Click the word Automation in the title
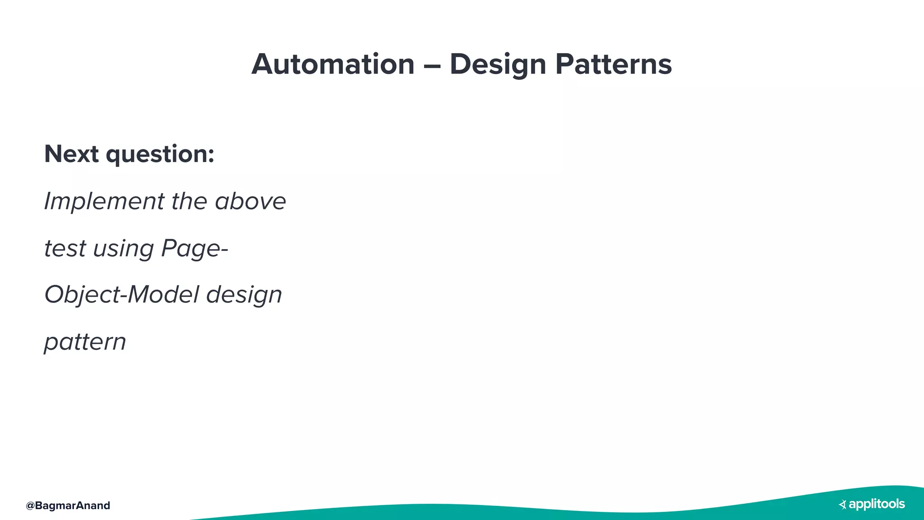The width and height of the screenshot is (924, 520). [333, 64]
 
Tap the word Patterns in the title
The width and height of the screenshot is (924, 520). [613, 64]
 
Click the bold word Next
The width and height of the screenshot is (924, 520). [71, 154]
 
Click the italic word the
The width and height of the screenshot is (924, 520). [189, 201]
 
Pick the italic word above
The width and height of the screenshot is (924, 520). [250, 202]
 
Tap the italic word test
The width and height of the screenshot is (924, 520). [65, 249]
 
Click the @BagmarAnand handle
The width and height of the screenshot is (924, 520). [68, 506]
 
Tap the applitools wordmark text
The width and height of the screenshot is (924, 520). [877, 504]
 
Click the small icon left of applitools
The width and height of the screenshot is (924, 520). [842, 505]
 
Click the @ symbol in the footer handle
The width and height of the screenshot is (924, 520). [30, 506]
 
